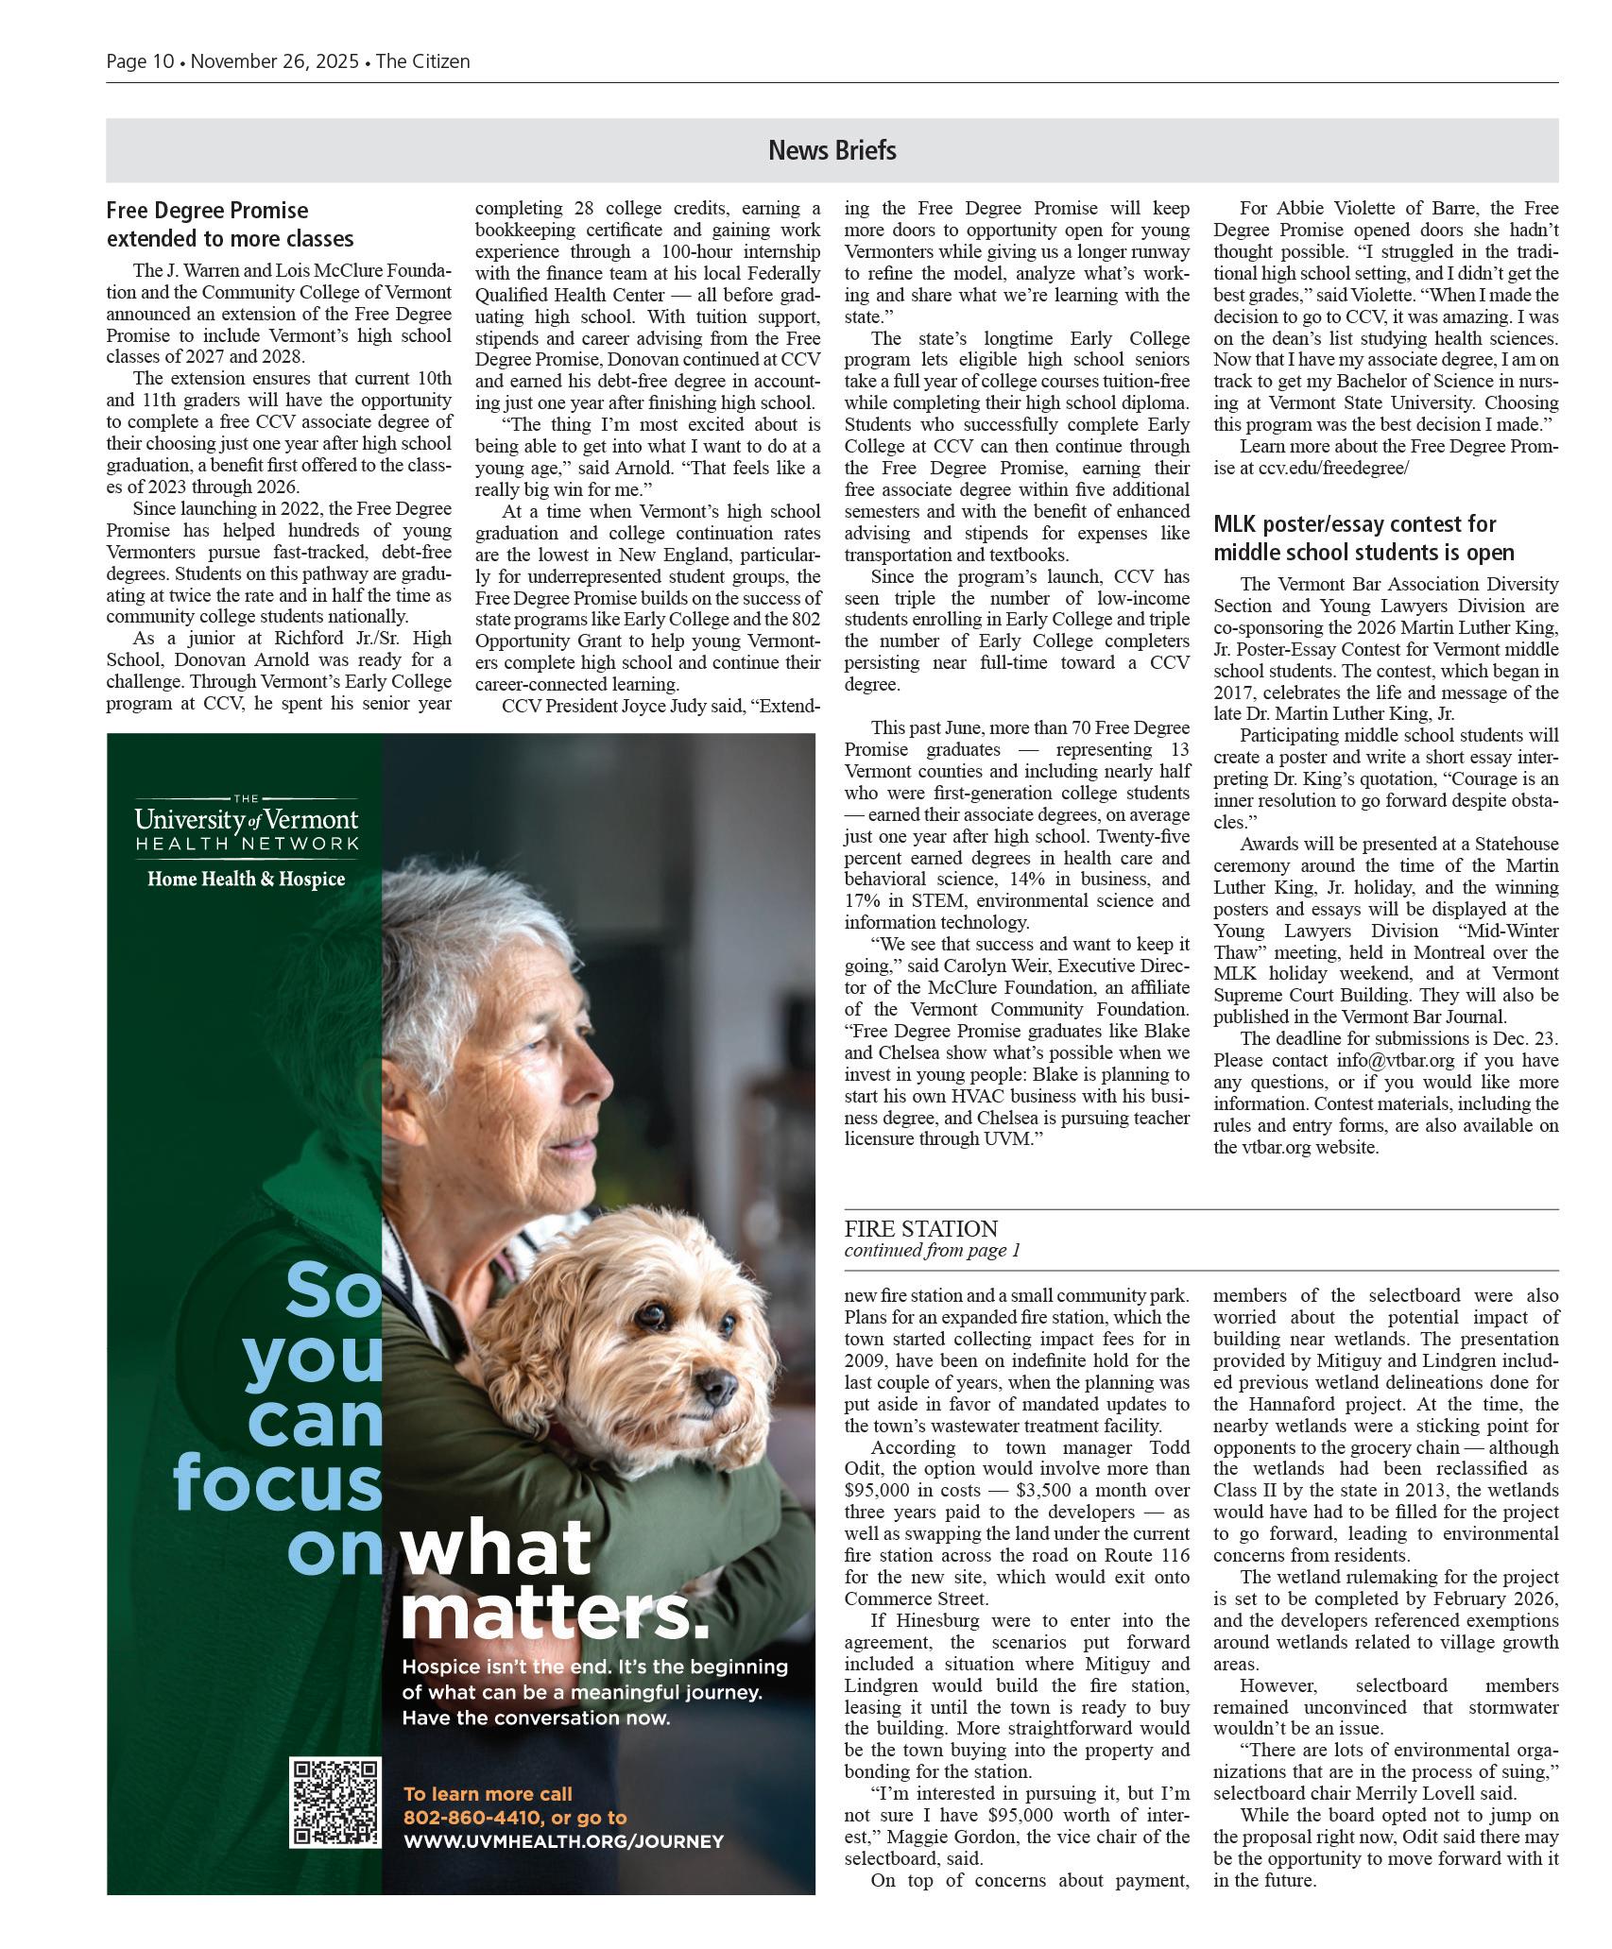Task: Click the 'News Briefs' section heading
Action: (x=832, y=150)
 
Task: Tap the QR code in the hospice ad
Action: (x=334, y=1802)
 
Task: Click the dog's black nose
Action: (x=725, y=1386)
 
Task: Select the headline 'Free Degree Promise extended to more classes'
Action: (x=231, y=224)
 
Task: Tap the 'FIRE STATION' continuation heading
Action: (x=920, y=1228)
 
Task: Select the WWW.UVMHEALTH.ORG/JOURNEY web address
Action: (x=563, y=1840)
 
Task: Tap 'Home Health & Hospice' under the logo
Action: (x=246, y=880)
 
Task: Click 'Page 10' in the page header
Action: (x=140, y=61)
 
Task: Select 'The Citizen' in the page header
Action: (x=422, y=61)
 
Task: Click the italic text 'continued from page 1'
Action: (x=932, y=1251)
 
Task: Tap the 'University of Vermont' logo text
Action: (x=246, y=818)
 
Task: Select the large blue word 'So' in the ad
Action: (x=333, y=1291)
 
